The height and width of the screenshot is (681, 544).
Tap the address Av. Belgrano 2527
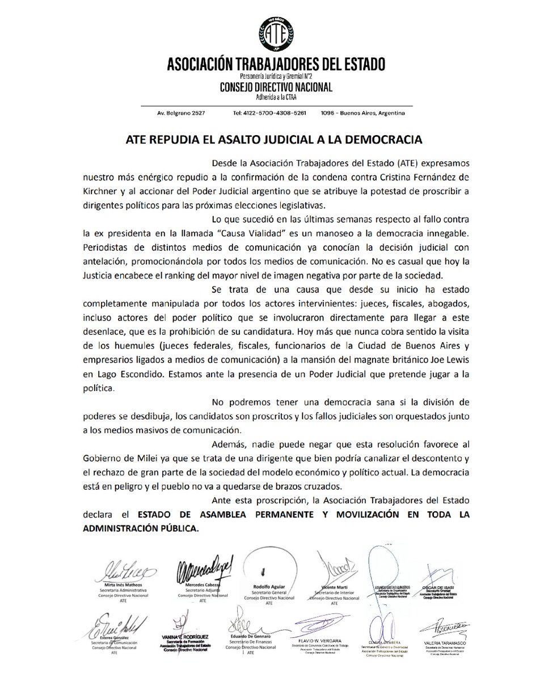coord(181,113)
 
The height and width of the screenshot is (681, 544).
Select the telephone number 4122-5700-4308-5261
coord(269,113)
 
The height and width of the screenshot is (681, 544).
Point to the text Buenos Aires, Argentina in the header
coord(372,113)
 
